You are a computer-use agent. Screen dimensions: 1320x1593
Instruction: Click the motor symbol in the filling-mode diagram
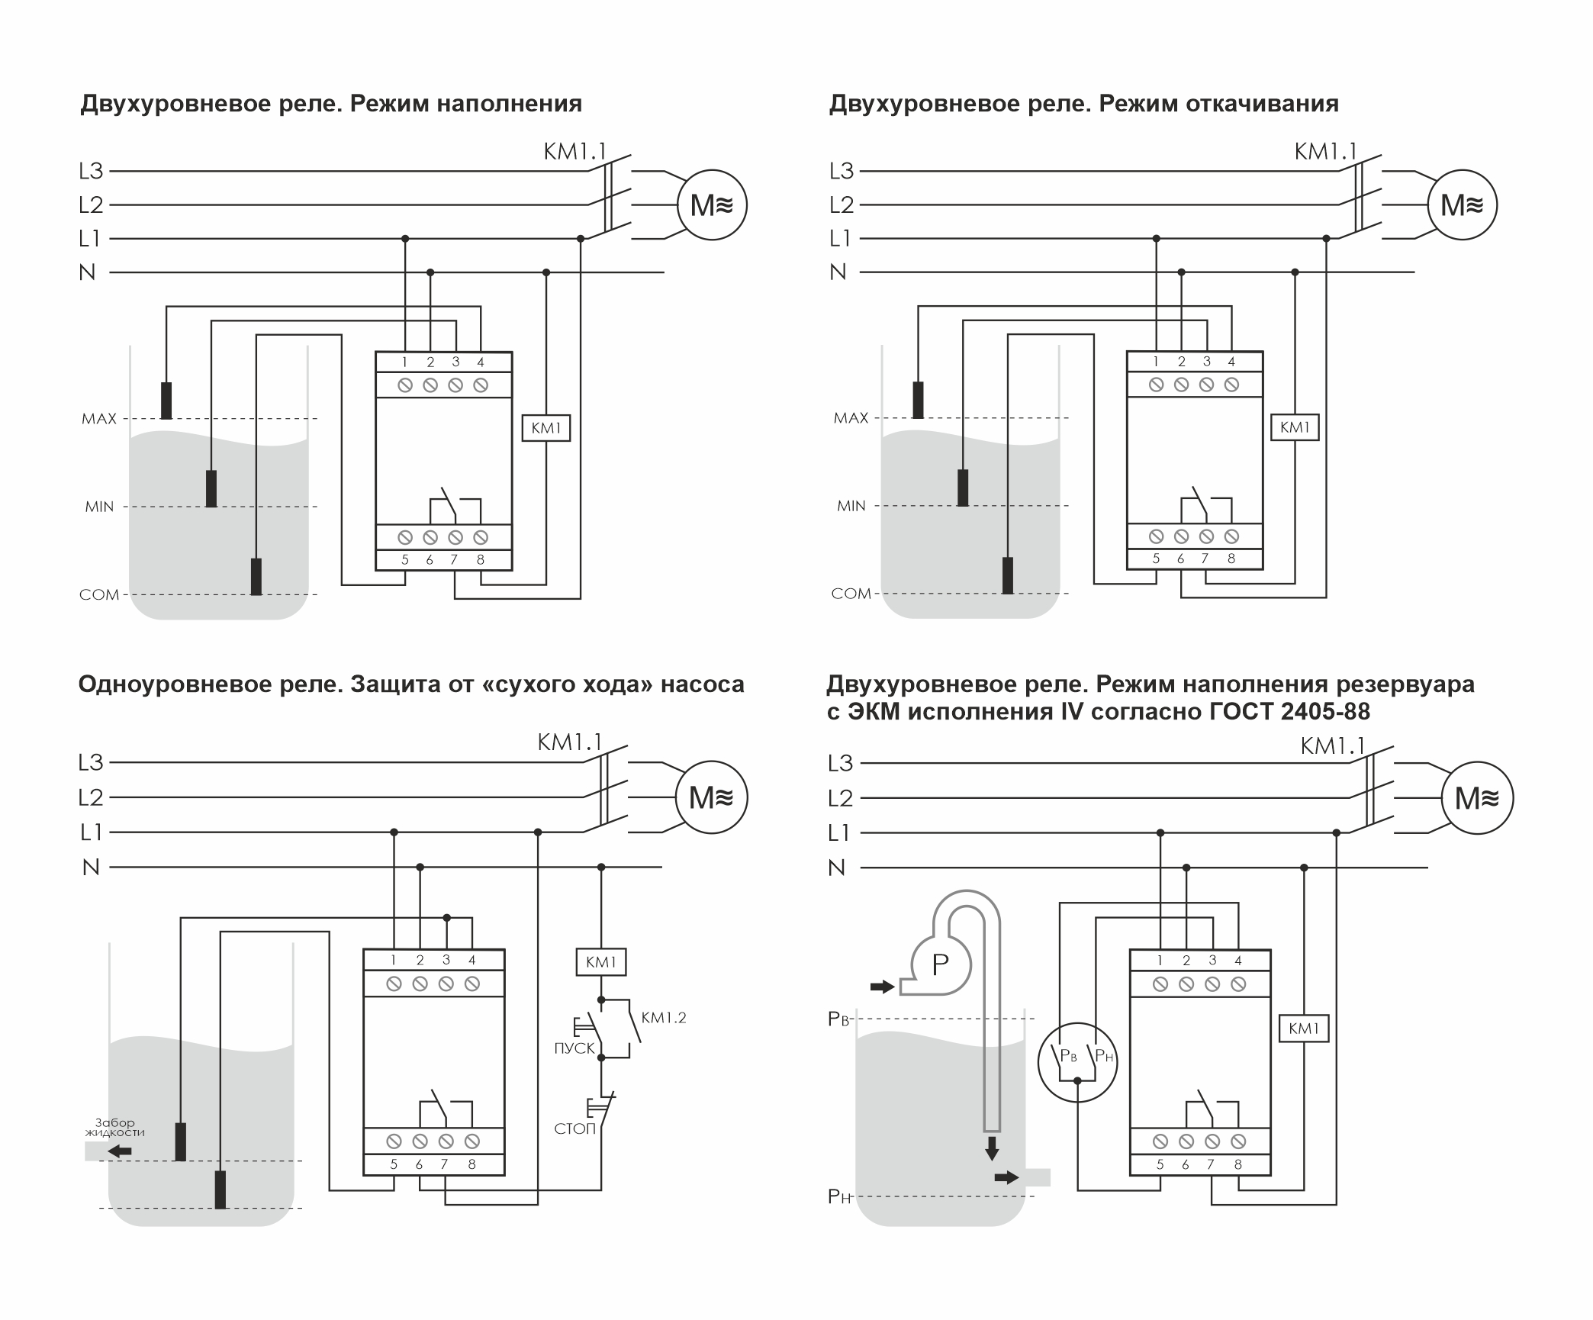click(x=712, y=205)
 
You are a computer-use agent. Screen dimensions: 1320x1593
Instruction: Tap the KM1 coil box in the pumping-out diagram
click(x=1295, y=427)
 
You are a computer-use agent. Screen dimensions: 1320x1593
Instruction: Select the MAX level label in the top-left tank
click(x=99, y=419)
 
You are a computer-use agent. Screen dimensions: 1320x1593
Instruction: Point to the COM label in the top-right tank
click(x=851, y=594)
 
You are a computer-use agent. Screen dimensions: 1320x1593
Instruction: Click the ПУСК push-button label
click(x=574, y=1048)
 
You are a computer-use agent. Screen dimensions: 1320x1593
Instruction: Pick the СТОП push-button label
click(x=574, y=1128)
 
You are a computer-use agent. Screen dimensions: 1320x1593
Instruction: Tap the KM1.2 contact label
click(x=664, y=1018)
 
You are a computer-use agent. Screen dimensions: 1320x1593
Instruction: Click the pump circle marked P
click(x=940, y=965)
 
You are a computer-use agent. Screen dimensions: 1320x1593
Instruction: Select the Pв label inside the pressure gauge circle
click(x=1068, y=1057)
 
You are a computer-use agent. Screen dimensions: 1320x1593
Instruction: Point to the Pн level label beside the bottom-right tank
click(x=838, y=1196)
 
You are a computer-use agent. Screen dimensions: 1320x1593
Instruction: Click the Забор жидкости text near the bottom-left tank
click(x=114, y=1127)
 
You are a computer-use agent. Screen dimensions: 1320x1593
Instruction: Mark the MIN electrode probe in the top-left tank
click(x=211, y=488)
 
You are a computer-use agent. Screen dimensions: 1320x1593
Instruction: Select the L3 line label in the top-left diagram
click(x=91, y=171)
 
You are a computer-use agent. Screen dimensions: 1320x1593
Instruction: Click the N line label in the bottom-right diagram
click(x=837, y=868)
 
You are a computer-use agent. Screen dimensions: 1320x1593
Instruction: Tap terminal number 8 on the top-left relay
click(x=481, y=559)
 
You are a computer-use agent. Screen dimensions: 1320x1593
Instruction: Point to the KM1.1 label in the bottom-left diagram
click(x=569, y=742)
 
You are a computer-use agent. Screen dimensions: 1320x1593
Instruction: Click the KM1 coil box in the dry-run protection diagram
click(x=600, y=962)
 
